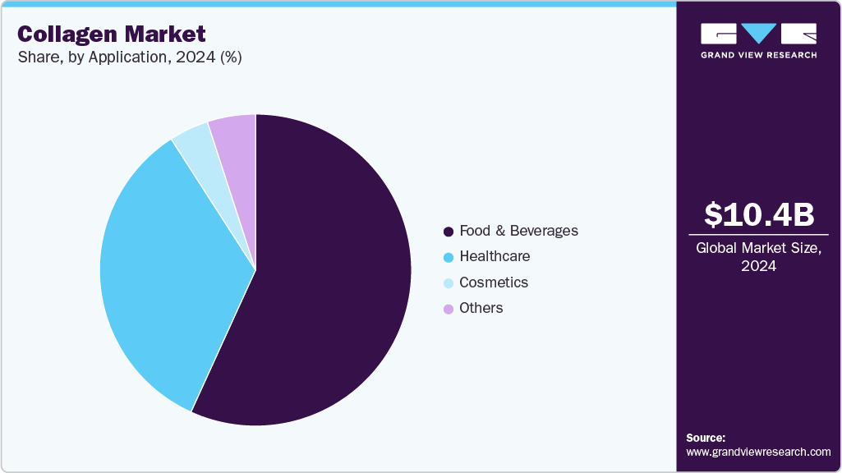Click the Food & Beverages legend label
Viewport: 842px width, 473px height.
518,231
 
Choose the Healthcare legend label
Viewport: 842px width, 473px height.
495,256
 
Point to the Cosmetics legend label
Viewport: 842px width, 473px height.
494,282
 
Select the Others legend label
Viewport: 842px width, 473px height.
481,308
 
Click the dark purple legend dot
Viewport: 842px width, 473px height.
448,232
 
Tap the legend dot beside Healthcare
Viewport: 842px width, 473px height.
448,257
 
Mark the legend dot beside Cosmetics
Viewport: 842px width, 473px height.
448,283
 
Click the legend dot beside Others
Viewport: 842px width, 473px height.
448,309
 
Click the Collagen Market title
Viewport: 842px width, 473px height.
111,34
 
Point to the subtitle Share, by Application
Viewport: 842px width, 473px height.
129,57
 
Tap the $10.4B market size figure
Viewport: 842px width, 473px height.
759,214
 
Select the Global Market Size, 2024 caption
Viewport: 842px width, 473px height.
759,256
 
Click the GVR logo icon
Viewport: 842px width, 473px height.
758,34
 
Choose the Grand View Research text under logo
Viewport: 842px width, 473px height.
758,55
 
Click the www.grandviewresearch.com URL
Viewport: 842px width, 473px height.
758,452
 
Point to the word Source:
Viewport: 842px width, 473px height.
706,438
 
